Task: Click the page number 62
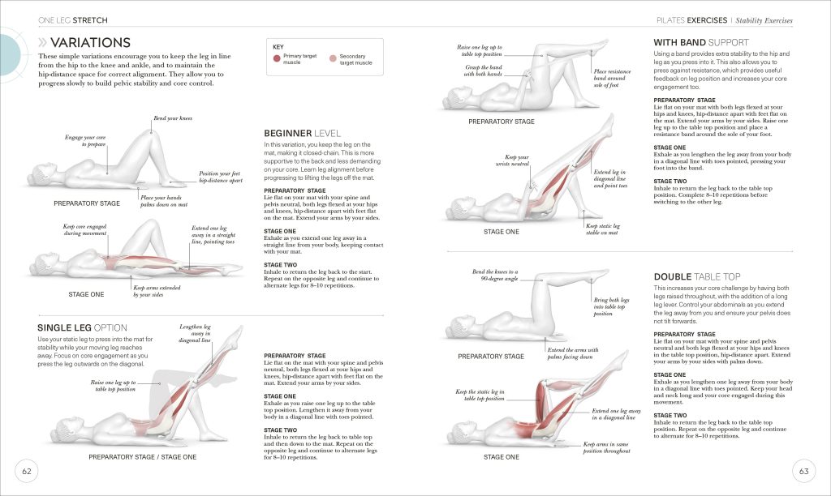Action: (26, 471)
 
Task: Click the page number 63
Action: (803, 471)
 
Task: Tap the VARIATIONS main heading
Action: (89, 42)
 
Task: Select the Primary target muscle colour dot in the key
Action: (278, 59)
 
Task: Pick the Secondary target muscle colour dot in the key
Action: (333, 59)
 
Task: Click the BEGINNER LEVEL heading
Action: (302, 133)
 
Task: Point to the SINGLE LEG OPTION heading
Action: (83, 327)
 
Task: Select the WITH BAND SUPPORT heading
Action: (701, 42)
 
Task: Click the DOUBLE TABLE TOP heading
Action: (701, 276)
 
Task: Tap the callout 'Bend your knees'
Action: (173, 119)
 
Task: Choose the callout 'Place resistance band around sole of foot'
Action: (611, 78)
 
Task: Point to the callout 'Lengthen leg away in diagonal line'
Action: (195, 334)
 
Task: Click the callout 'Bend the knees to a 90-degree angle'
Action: (495, 276)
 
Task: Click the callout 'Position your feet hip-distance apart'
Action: (221, 177)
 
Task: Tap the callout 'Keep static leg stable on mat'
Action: (603, 229)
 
